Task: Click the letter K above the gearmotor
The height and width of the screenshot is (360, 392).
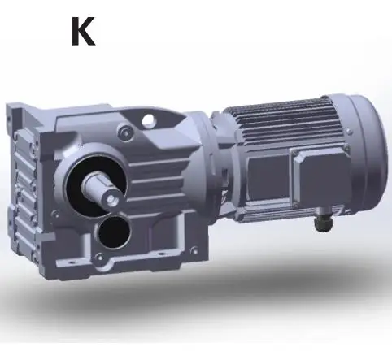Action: click(82, 30)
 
